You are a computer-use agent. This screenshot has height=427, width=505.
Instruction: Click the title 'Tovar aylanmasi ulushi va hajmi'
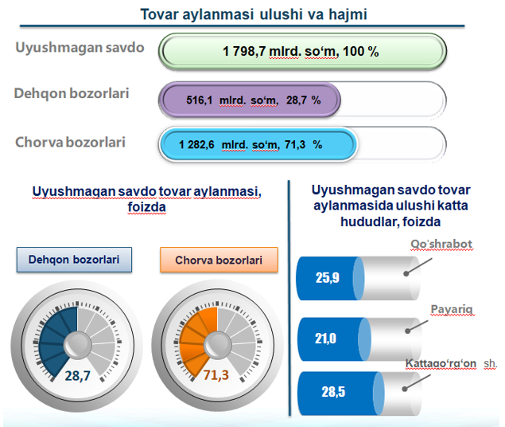tap(254, 14)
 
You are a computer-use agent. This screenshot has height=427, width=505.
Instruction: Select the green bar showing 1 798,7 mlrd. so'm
tap(302, 52)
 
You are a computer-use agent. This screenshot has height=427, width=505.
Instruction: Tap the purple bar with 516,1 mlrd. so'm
tap(250, 100)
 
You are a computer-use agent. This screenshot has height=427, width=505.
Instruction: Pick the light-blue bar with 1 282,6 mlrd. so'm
tap(258, 144)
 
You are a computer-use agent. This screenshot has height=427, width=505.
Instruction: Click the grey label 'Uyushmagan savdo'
tap(80, 48)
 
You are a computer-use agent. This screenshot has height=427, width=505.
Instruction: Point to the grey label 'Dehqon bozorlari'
tap(72, 93)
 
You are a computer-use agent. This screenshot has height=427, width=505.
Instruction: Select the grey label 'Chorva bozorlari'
tap(70, 143)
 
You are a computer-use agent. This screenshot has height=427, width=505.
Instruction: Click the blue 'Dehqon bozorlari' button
tap(75, 260)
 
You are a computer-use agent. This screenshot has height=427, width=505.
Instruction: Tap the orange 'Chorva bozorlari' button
tap(219, 260)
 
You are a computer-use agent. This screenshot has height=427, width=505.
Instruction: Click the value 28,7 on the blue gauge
tap(78, 376)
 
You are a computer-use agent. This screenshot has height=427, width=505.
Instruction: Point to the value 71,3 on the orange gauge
tap(216, 375)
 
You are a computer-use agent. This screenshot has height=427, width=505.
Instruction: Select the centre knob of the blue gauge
tap(78, 345)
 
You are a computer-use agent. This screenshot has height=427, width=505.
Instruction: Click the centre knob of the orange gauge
tap(217, 345)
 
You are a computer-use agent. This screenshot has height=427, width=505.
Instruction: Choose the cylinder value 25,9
tap(328, 278)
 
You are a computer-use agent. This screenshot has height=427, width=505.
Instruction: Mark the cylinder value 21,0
tap(325, 339)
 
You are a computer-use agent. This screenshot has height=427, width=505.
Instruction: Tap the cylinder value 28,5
tap(333, 392)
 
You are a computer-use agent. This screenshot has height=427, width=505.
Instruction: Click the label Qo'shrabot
tap(441, 244)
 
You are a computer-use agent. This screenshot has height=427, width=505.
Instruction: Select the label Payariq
tap(452, 309)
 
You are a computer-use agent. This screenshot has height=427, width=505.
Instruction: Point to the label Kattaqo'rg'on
tap(441, 363)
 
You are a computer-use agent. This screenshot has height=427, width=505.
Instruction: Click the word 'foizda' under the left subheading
tap(147, 206)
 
